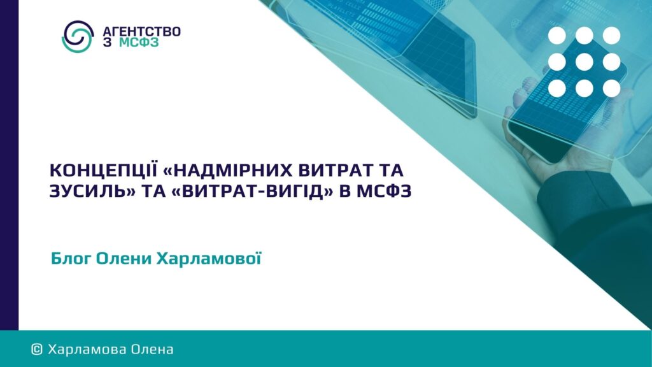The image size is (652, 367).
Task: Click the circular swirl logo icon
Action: (x=77, y=36)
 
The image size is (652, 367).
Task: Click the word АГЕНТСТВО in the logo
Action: (x=141, y=32)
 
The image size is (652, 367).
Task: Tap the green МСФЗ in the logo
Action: (x=139, y=43)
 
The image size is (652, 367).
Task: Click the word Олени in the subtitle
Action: (x=124, y=259)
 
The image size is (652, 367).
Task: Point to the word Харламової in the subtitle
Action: (x=209, y=259)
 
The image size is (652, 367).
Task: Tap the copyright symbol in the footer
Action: (x=37, y=349)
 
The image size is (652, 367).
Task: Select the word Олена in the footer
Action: (x=152, y=349)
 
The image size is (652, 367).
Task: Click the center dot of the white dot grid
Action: (x=585, y=62)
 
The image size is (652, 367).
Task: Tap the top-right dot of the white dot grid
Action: (x=612, y=36)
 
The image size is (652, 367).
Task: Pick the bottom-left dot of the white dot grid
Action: (x=556, y=88)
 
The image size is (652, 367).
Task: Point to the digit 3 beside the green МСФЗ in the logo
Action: (x=107, y=43)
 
